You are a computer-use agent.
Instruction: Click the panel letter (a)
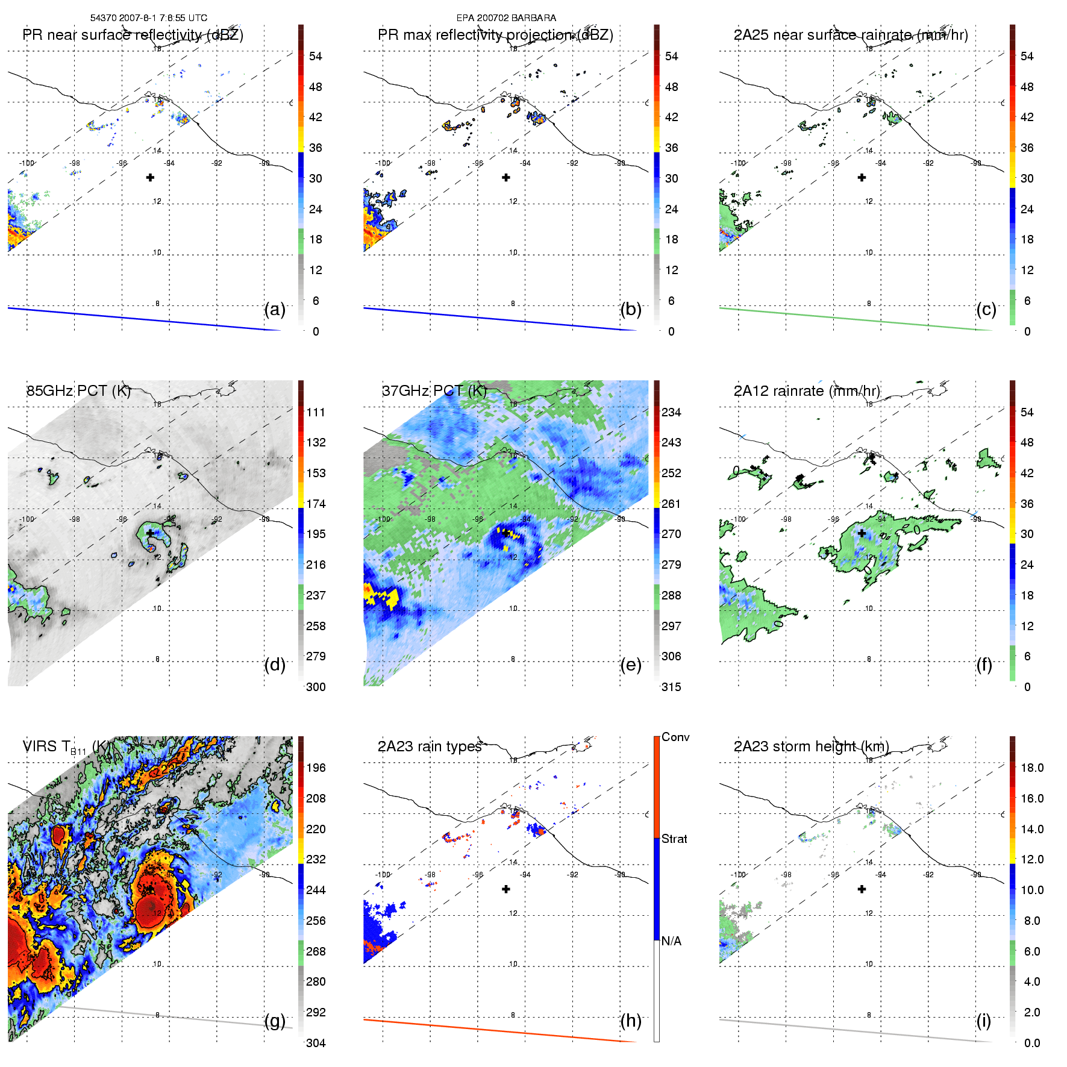tap(275, 310)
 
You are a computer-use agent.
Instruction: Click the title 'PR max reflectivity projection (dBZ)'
tap(495, 35)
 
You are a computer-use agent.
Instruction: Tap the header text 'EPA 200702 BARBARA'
tap(506, 18)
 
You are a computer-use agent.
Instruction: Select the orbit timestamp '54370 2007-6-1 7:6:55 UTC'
tap(149, 18)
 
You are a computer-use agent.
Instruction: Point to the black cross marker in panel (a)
tap(150, 177)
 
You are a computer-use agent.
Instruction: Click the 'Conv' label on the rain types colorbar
tap(675, 737)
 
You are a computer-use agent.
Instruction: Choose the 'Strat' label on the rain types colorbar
tap(674, 839)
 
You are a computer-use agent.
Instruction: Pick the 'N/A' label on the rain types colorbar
tap(671, 941)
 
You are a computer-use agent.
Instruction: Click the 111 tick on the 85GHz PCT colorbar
tap(316, 412)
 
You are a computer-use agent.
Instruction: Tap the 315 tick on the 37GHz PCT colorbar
tap(671, 687)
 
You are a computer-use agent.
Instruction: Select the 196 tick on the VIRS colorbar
tap(316, 768)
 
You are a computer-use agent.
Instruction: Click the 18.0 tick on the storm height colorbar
tap(1032, 768)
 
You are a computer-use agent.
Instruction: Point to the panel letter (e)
tap(631, 665)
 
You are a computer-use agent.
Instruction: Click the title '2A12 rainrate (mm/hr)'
tap(807, 391)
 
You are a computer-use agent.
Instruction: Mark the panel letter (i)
tap(984, 1021)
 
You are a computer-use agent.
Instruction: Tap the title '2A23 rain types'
tap(430, 746)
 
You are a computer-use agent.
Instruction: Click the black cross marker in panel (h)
tap(506, 889)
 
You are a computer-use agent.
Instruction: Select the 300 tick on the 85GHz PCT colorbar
tap(316, 687)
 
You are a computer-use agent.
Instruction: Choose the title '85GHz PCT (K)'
tap(78, 391)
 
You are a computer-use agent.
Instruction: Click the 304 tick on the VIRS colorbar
tap(316, 1043)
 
